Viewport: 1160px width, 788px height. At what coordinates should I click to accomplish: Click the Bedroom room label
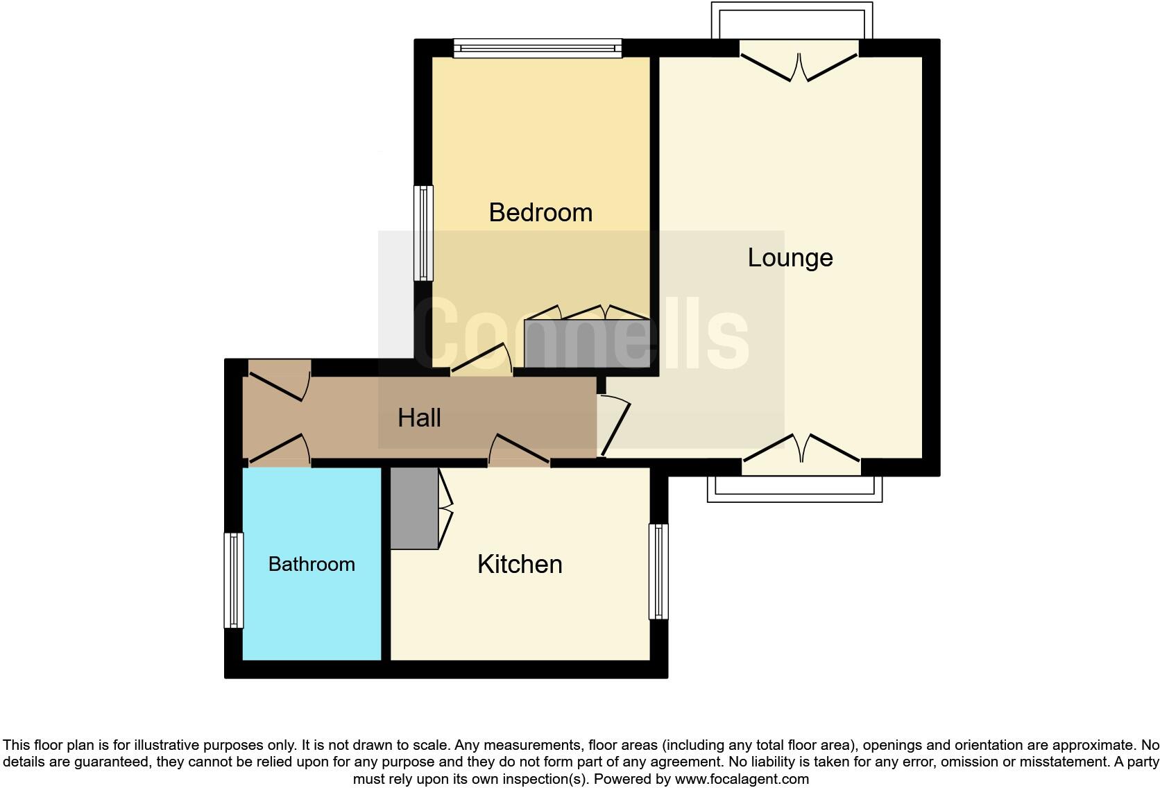pyautogui.click(x=540, y=212)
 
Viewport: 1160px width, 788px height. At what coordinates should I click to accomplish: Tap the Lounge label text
pyautogui.click(x=790, y=258)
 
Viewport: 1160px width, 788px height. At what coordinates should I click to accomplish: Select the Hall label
pyautogui.click(x=419, y=418)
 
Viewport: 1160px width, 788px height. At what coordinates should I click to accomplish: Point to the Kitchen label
pyautogui.click(x=520, y=564)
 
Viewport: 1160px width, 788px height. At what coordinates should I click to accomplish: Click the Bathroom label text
pyautogui.click(x=312, y=564)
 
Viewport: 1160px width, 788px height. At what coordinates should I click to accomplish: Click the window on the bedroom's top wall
pyautogui.click(x=538, y=48)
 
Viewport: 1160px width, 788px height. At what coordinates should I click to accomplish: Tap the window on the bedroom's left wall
pyautogui.click(x=423, y=233)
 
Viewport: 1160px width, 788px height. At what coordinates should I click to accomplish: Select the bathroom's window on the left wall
pyautogui.click(x=234, y=581)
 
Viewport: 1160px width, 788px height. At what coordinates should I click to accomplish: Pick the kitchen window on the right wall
pyautogui.click(x=658, y=572)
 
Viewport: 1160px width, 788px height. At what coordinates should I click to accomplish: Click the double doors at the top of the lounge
pyautogui.click(x=799, y=66)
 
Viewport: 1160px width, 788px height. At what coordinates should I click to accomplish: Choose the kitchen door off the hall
pyautogui.click(x=519, y=450)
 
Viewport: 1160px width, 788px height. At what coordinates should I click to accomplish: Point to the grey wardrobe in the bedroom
pyautogui.click(x=587, y=343)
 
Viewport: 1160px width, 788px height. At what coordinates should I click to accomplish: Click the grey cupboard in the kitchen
pyautogui.click(x=414, y=508)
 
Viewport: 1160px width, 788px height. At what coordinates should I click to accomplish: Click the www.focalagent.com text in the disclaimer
pyautogui.click(x=742, y=779)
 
